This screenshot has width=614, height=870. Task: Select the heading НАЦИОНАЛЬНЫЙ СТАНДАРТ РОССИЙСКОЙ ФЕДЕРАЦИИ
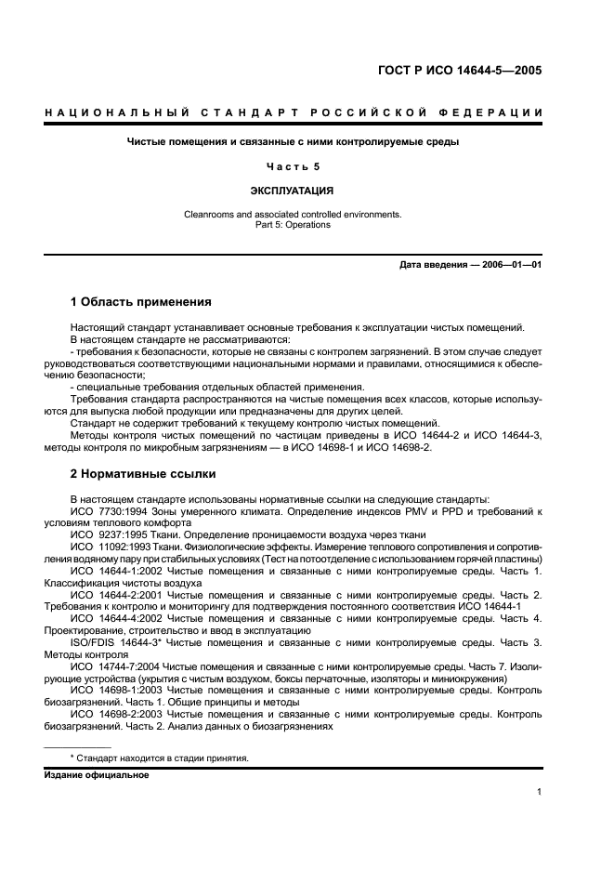pos(294,113)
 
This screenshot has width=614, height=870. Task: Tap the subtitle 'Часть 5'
pos(294,166)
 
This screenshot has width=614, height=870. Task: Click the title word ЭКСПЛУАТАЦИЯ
pos(293,191)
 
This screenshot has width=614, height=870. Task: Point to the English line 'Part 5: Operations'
pos(293,224)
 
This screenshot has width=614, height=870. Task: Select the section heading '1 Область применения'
pos(141,302)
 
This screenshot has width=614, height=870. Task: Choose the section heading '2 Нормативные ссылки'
pos(138,474)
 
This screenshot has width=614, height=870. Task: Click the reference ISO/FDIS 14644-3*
pos(117,641)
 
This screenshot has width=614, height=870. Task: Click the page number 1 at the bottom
pos(539,792)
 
